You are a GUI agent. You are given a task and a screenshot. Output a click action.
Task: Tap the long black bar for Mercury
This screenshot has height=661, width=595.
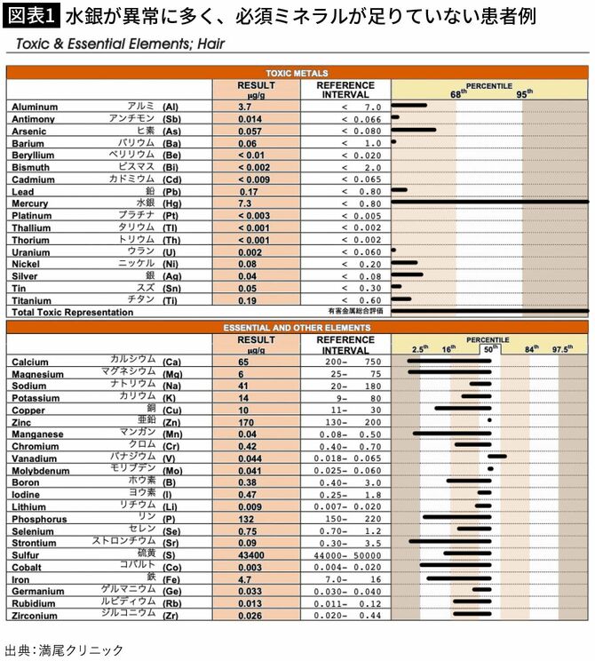(488, 203)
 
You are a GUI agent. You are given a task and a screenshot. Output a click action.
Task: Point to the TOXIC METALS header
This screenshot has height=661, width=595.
(297, 73)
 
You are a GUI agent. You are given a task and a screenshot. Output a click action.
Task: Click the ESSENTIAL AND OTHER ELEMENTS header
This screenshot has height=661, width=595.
(297, 327)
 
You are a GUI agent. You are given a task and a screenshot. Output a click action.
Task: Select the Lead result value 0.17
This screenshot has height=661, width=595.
(248, 191)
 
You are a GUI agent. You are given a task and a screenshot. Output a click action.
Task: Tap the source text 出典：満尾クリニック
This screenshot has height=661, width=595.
(64, 649)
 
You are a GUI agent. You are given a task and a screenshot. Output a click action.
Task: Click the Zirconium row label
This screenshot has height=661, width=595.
(35, 615)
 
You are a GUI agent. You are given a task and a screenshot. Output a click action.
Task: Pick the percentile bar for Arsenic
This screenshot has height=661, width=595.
(413, 131)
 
